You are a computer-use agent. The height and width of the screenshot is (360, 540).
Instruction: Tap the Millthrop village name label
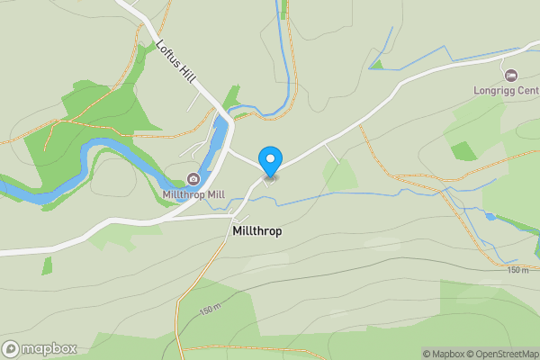256,231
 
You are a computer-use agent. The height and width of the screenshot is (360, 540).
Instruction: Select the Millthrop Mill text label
193,194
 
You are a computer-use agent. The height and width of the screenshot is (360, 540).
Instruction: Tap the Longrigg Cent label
506,90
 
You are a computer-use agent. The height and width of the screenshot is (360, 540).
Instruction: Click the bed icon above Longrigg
512,75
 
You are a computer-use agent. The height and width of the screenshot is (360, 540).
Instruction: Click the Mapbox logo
40,348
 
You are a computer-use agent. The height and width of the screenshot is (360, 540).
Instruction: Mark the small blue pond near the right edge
490,217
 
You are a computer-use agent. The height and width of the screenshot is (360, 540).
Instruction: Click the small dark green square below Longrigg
463,150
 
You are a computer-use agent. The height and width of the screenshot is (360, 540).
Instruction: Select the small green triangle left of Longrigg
377,64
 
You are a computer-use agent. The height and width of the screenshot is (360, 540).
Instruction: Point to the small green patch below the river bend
47,265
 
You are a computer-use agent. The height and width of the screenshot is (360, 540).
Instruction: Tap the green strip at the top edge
284,9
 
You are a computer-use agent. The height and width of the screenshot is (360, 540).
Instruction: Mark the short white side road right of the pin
333,154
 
